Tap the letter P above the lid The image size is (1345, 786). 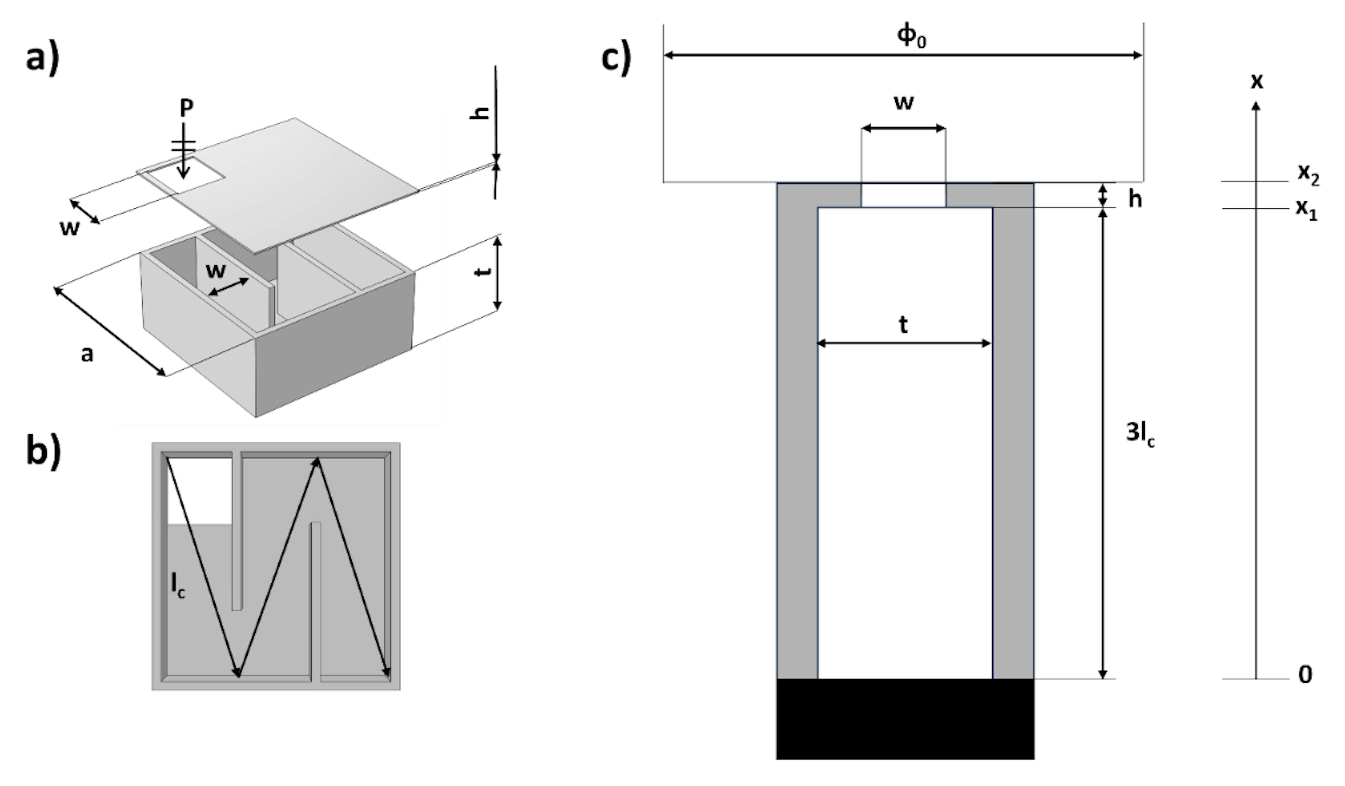[x=186, y=108]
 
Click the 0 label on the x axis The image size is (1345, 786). [x=1305, y=675]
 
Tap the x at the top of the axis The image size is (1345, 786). [x=1257, y=82]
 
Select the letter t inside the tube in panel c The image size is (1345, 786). [x=903, y=324]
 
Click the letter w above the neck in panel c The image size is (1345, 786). [x=904, y=102]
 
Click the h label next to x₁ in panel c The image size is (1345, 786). [x=1135, y=200]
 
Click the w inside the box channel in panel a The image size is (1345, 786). [x=216, y=270]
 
